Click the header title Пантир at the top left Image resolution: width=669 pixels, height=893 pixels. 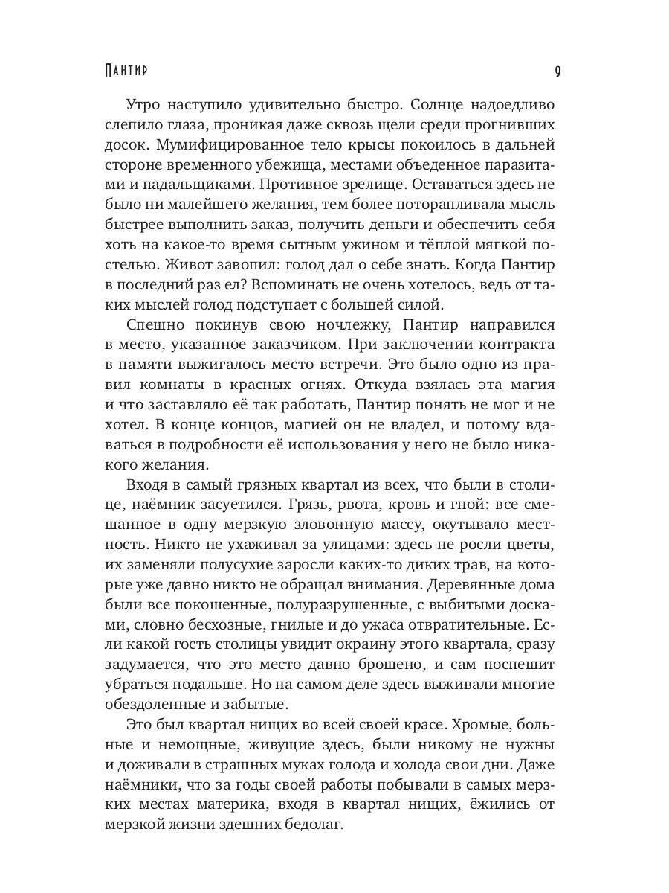point(126,71)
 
